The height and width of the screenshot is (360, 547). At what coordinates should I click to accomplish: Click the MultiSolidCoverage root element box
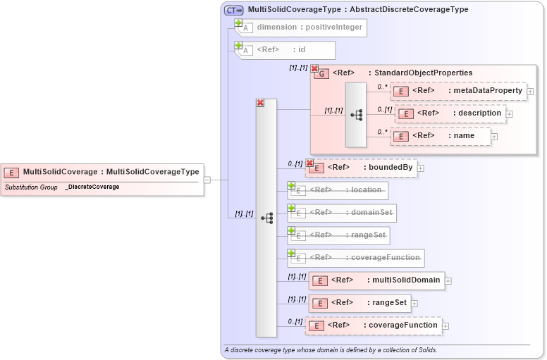click(102, 171)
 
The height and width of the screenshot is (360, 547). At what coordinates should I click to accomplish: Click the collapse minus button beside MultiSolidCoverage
click(207, 180)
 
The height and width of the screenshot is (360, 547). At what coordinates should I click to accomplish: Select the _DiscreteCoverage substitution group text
click(92, 187)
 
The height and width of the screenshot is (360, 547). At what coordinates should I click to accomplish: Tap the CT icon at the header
click(233, 10)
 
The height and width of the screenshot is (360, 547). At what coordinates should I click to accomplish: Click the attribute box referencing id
click(286, 49)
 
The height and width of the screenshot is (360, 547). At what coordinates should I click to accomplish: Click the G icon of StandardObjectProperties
click(321, 73)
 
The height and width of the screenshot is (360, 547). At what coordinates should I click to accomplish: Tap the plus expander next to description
click(509, 114)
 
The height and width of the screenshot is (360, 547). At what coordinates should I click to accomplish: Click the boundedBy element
click(362, 168)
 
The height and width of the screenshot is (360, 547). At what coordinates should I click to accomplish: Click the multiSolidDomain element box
click(376, 280)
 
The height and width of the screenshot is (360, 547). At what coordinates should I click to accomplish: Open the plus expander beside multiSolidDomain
click(448, 281)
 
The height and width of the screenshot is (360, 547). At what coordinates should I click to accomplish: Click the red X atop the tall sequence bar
click(260, 103)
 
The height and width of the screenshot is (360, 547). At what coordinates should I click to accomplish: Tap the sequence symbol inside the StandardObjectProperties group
click(356, 114)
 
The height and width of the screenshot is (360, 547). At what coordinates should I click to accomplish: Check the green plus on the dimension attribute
click(238, 23)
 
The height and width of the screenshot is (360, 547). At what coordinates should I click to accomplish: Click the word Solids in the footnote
click(425, 350)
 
